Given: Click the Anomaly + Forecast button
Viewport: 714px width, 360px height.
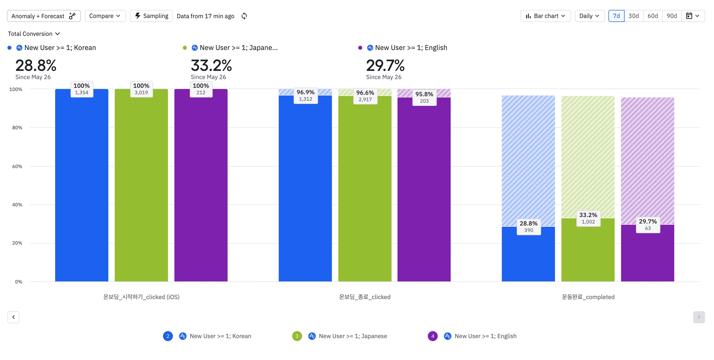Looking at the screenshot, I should click(44, 16).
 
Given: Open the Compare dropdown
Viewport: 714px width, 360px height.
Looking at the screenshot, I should click(105, 16).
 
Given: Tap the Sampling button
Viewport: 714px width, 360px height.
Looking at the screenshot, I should click(151, 16).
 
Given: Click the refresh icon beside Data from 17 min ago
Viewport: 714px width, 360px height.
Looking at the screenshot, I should click(244, 16).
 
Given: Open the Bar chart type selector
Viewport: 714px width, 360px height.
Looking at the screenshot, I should click(545, 16).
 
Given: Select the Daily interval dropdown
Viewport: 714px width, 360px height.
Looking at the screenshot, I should click(589, 16).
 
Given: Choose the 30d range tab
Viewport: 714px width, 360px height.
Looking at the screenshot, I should click(633, 16).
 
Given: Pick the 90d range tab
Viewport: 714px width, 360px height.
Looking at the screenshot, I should click(671, 16).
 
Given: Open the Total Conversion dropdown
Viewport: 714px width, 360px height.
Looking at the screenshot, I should click(34, 34).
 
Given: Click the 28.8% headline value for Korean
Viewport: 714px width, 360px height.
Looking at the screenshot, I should click(36, 66).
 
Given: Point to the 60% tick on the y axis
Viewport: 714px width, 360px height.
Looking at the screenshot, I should click(17, 166).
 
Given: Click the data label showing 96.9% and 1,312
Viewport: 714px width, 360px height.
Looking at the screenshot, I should click(305, 96).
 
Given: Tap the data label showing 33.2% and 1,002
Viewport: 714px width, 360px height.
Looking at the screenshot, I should click(588, 218).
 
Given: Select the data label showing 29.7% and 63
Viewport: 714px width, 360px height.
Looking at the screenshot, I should click(648, 225).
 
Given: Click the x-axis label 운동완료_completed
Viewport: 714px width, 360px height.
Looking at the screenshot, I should click(588, 297).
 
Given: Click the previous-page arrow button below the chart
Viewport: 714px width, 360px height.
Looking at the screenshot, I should click(13, 317).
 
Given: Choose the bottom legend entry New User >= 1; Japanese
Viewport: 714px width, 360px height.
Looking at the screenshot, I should click(352, 336).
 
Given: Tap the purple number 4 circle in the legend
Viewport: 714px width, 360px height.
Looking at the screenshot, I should click(433, 336).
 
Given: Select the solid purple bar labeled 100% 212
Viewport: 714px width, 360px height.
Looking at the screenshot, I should click(201, 188).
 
